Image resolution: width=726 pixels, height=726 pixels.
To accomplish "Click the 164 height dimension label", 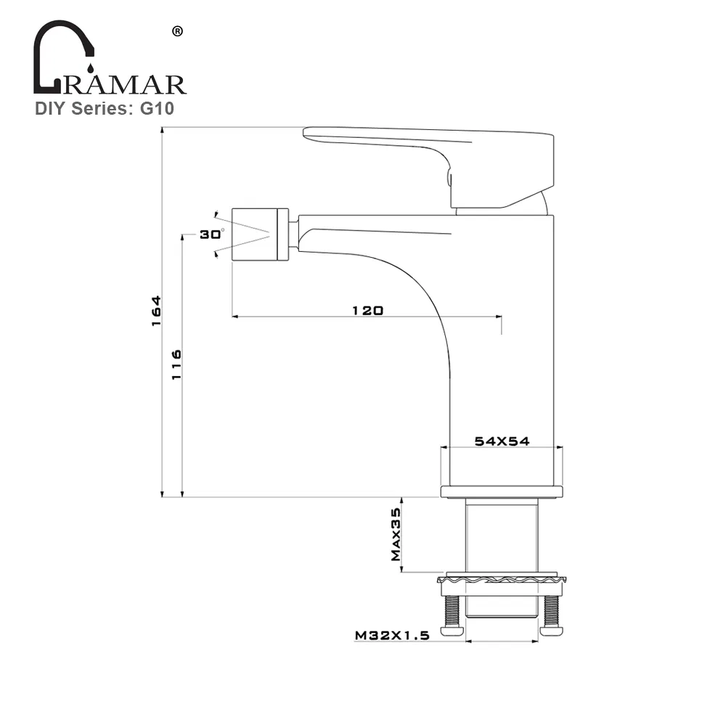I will (155, 311).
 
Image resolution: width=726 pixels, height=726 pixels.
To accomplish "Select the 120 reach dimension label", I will (367, 310).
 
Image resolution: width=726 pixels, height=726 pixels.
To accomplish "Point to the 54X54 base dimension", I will (501, 441).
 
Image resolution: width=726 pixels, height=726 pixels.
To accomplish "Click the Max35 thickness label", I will (396, 535).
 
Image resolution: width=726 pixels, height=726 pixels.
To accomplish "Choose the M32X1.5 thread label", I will (393, 635).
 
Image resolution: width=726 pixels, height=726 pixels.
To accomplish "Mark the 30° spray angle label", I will (212, 234).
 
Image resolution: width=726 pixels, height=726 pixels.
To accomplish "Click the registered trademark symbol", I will (176, 31).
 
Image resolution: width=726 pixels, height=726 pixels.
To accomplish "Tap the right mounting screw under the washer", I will (551, 613).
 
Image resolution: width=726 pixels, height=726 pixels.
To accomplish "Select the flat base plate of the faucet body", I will (501, 492).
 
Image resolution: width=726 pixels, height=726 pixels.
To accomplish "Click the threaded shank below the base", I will (501, 537).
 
